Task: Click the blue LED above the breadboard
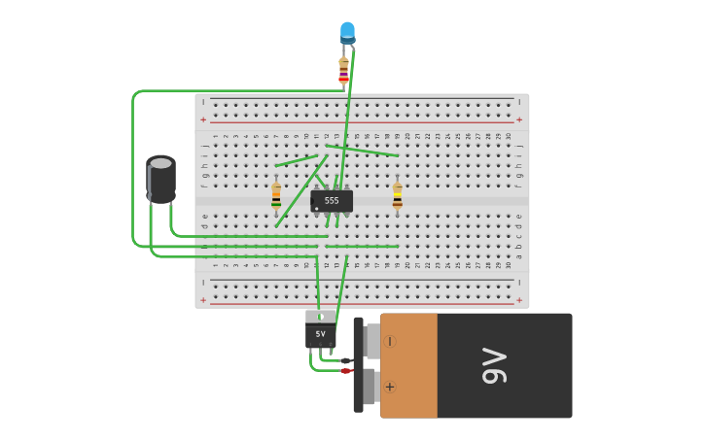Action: (347, 32)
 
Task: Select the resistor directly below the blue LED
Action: (343, 71)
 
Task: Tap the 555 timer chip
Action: (332, 200)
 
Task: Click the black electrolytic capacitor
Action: (161, 182)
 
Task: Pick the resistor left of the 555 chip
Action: (276, 197)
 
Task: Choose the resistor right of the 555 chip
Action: (397, 196)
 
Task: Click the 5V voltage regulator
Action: (320, 335)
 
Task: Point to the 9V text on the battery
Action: (495, 366)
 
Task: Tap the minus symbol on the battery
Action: (390, 341)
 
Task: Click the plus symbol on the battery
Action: (390, 387)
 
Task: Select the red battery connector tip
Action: (346, 370)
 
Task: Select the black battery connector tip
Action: (346, 360)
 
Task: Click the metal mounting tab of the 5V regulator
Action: (320, 316)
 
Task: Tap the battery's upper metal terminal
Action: (371, 341)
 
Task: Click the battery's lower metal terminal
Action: (370, 387)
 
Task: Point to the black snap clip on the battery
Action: (358, 364)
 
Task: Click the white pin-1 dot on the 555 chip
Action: (317, 208)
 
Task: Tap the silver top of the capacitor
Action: (160, 162)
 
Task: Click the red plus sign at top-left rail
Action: (203, 119)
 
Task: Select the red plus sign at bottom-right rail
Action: (519, 299)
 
